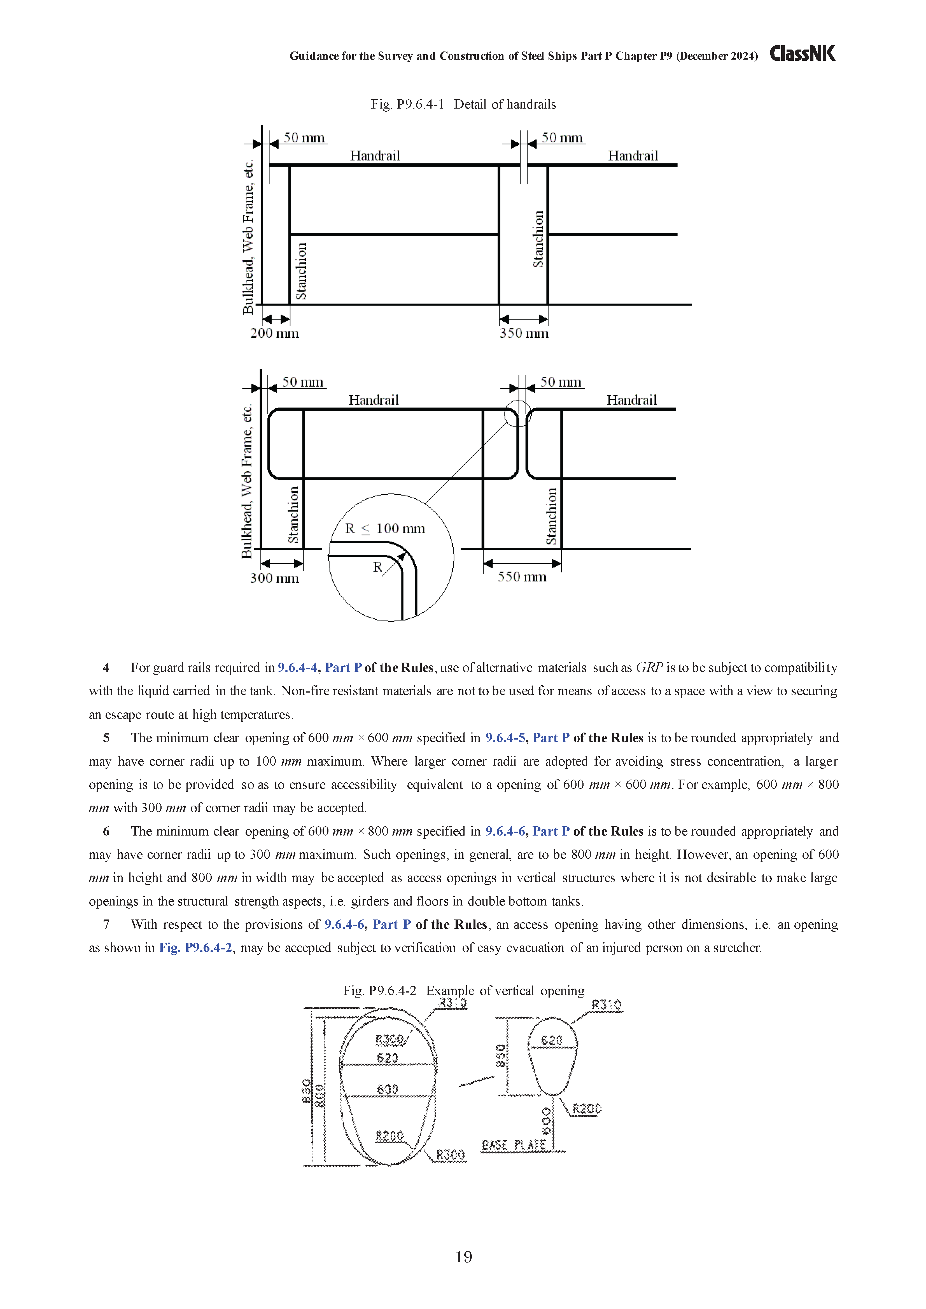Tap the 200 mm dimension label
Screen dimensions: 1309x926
274,334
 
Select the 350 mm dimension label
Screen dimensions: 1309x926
524,334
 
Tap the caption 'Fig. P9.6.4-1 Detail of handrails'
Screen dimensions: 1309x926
463,104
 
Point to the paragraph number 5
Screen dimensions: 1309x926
106,738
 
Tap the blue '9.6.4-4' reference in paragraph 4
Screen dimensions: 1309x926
298,668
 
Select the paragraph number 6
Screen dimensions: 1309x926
106,831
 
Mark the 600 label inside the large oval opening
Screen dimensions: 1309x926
388,1090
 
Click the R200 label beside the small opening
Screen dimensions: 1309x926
587,1109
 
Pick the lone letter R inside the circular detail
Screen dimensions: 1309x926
377,567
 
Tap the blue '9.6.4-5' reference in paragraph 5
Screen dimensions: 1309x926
507,738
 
